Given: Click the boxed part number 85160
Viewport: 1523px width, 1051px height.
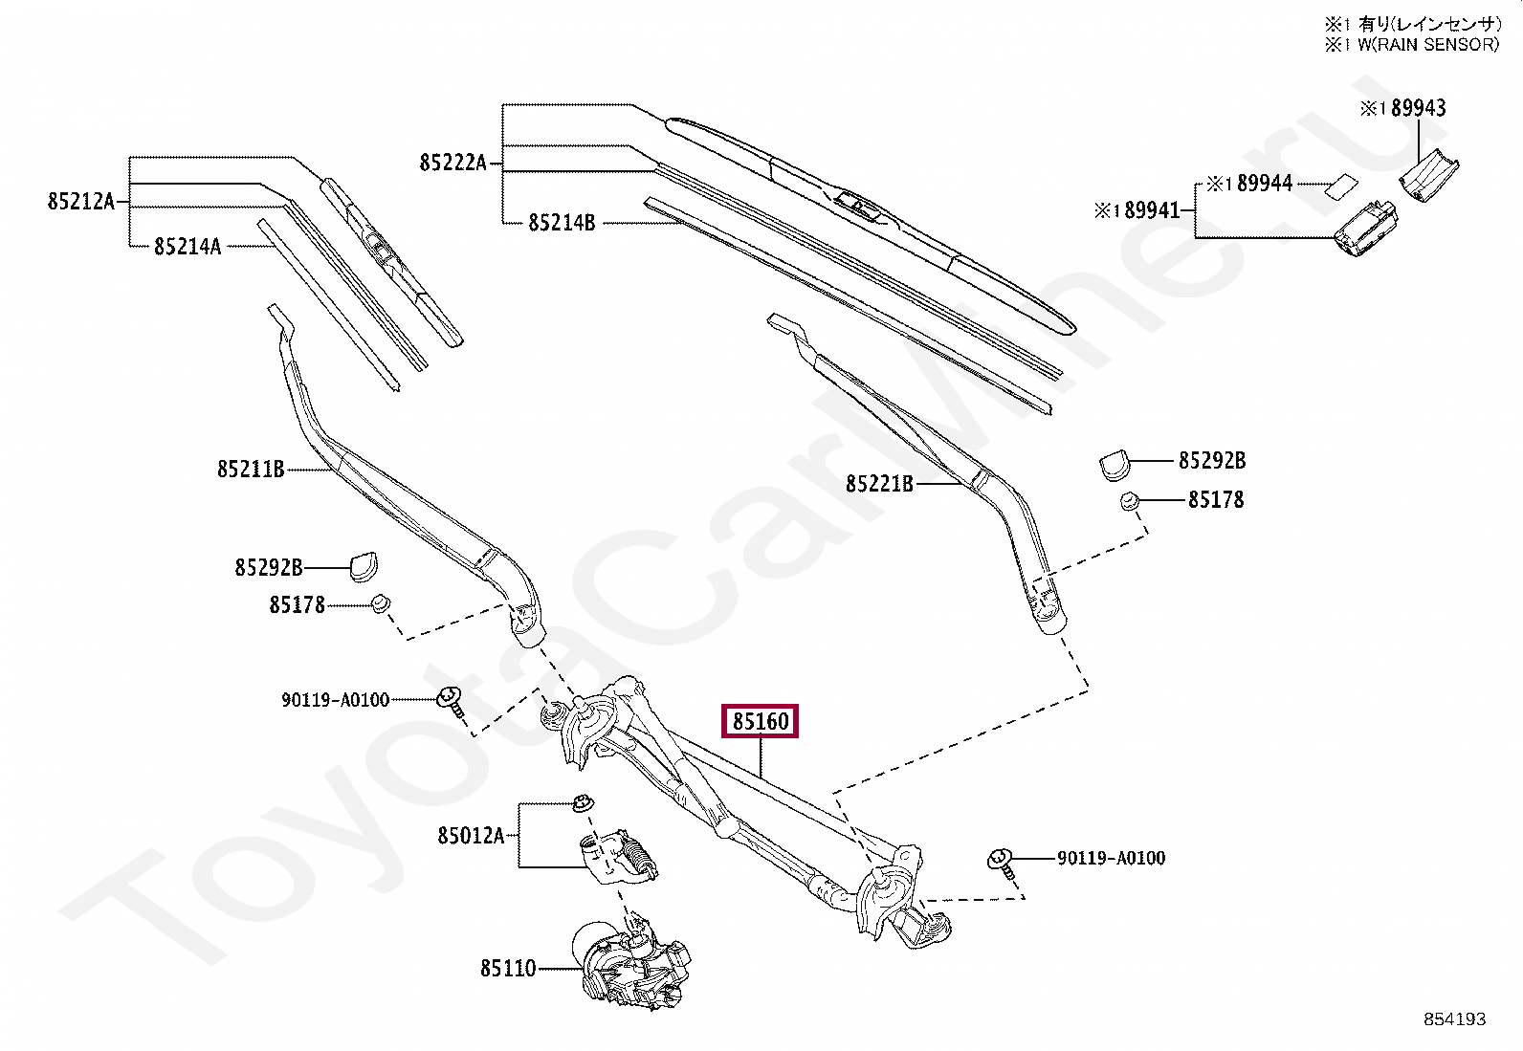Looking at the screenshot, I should tap(761, 721).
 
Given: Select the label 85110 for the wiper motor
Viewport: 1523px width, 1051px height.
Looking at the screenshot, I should tap(508, 969).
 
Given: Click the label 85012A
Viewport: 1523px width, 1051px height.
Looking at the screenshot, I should tap(471, 835).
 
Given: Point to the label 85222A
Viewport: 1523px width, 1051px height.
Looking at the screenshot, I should tap(452, 163).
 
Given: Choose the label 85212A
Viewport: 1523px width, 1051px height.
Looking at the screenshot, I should tap(80, 202).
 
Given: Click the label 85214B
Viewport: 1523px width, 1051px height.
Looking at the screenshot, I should tap(562, 223).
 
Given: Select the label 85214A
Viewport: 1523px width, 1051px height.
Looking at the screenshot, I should tap(188, 247).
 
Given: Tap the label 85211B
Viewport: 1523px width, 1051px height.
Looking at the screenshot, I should tap(251, 470).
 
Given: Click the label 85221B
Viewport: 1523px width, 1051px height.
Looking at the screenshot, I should tap(879, 484).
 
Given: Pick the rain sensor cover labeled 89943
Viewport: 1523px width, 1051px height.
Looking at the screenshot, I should tap(1429, 175).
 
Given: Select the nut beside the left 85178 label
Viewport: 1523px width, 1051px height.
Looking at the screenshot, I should tap(381, 604).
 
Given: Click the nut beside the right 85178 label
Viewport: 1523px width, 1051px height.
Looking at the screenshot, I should tap(1129, 500).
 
